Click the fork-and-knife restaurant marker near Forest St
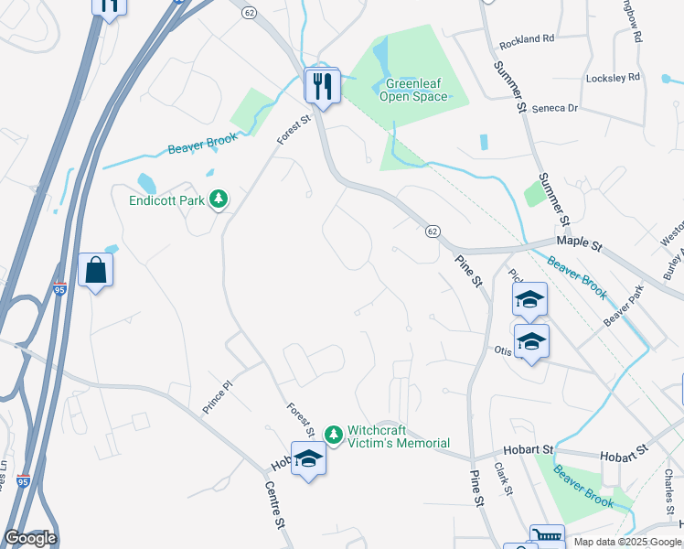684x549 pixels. click(x=322, y=86)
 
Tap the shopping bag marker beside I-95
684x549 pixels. click(x=96, y=270)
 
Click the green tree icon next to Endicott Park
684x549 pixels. click(x=219, y=198)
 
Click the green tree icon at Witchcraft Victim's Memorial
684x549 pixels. click(x=335, y=432)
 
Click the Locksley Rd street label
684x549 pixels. click(x=614, y=78)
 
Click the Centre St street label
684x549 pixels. click(x=274, y=506)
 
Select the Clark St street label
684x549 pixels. click(x=502, y=479)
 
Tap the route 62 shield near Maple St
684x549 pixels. click(x=433, y=231)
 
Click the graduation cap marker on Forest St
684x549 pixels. click(x=308, y=458)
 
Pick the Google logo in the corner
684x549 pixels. click(x=30, y=538)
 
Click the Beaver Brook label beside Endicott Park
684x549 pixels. click(x=202, y=144)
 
